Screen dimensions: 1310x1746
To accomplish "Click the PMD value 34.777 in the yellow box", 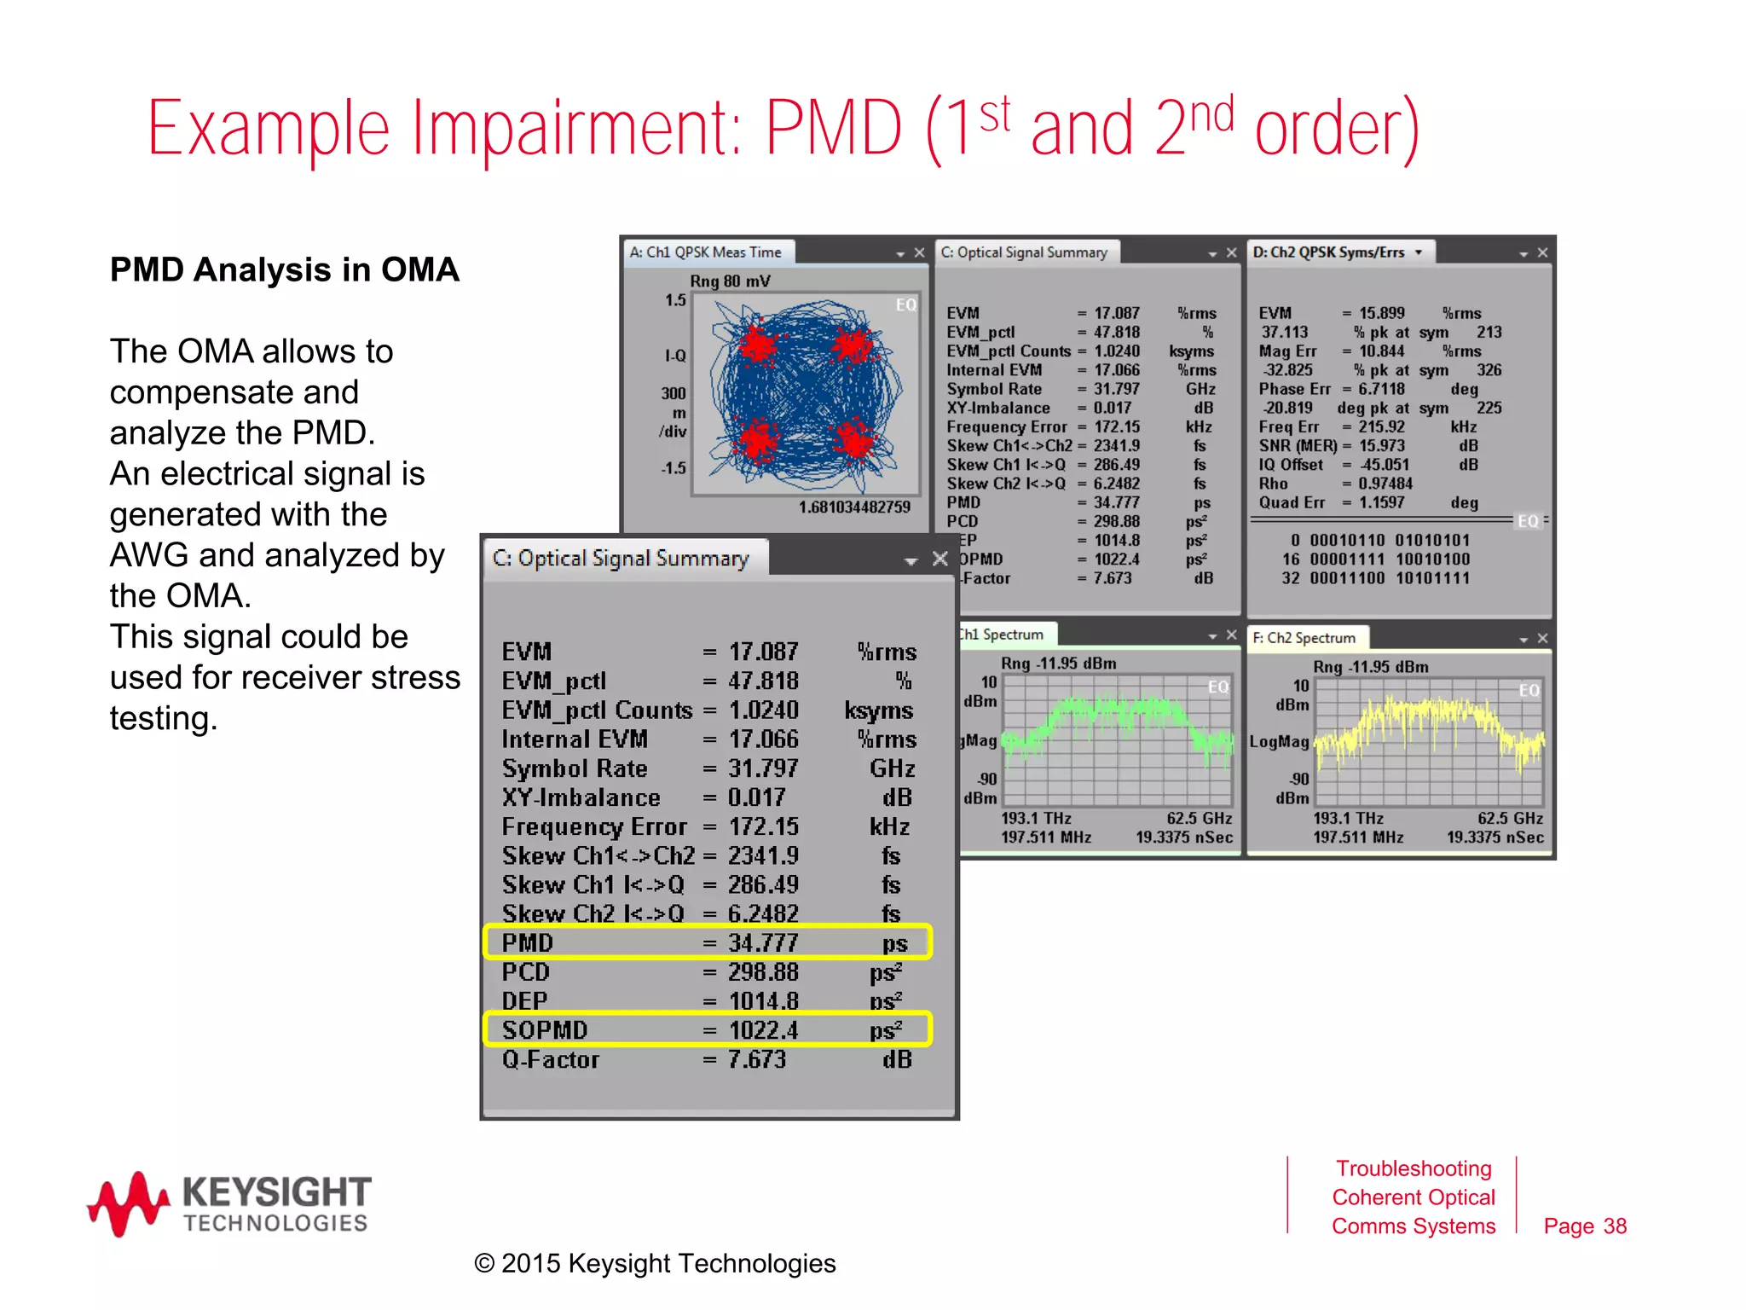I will tap(763, 943).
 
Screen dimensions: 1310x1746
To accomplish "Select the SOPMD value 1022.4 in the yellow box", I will tap(763, 1030).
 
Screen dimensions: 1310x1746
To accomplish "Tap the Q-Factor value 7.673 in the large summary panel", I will tap(756, 1059).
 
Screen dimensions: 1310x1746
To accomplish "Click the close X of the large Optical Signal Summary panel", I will tap(940, 559).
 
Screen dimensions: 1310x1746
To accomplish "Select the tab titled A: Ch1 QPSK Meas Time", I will tap(706, 252).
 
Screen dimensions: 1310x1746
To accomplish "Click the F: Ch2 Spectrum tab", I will tap(1304, 638).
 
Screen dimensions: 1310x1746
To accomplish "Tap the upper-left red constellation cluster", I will tap(757, 344).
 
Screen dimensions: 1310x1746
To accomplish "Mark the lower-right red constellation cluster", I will tap(853, 440).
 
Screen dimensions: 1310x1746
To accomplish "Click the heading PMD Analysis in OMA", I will tap(285, 270).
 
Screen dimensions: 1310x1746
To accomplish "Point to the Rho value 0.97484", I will tap(1385, 484).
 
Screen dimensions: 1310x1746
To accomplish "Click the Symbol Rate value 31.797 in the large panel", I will tap(763, 768).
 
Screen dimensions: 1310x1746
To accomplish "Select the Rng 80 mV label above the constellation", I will tap(730, 281).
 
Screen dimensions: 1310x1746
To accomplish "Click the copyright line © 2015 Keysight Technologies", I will tap(655, 1263).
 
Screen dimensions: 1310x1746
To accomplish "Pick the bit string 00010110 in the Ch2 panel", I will tap(1347, 541).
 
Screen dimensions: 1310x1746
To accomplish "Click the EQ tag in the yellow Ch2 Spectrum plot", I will tap(1529, 690).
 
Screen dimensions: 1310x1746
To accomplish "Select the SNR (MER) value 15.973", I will tap(1381, 446).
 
